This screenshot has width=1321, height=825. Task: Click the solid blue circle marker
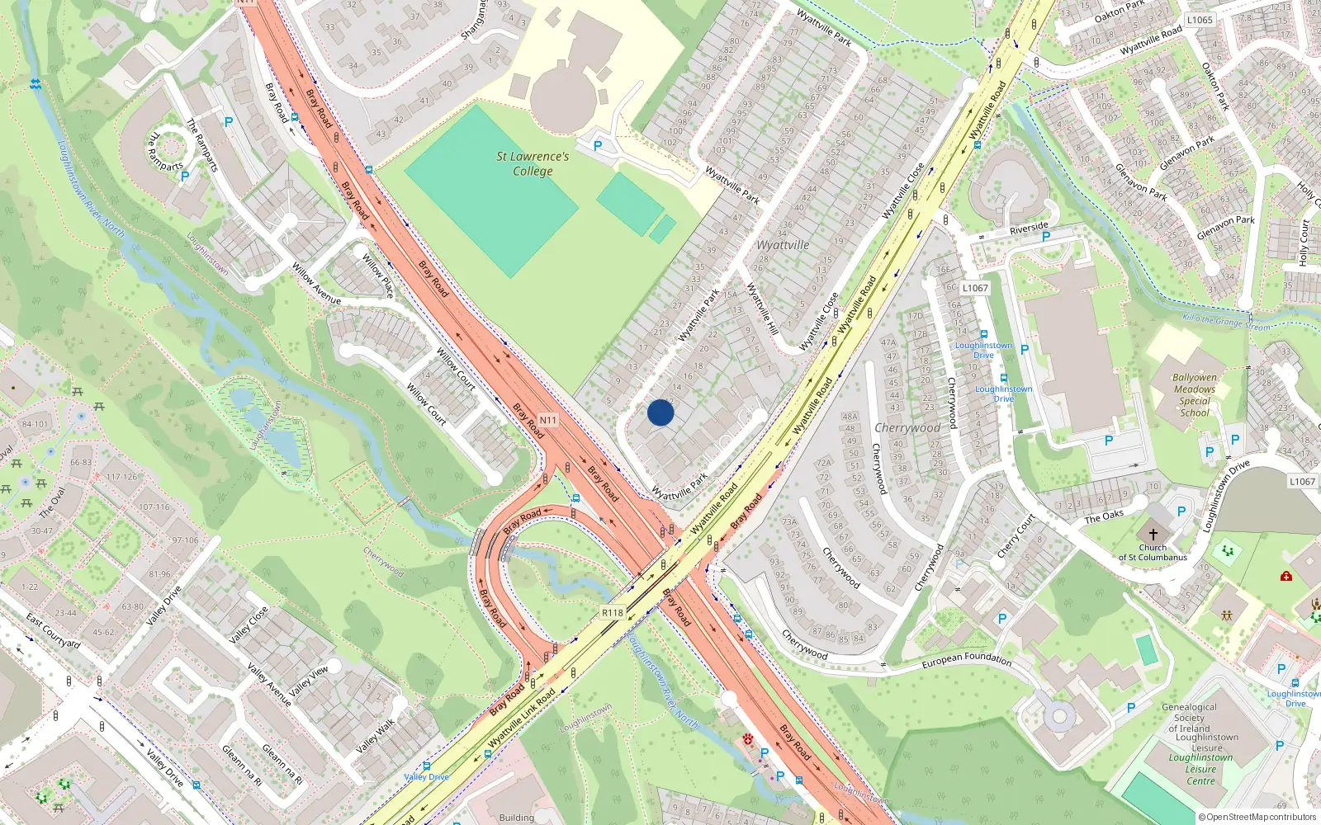pos(660,412)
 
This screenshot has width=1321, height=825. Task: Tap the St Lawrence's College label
pos(533,163)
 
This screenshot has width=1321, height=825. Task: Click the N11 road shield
pos(548,420)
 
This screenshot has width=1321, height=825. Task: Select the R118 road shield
pos(612,613)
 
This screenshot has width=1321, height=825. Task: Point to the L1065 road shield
pos(1200,20)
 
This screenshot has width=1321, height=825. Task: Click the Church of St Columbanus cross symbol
pos(1153,535)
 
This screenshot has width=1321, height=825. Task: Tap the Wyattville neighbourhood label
pos(783,245)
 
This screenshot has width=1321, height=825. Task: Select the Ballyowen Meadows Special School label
pos(1195,394)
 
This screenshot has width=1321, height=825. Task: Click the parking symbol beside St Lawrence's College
pos(598,145)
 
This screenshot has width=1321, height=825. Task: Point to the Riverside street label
pos(1029,227)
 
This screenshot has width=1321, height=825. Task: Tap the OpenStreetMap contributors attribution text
pos(1257,817)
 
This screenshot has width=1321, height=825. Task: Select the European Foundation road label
pos(966,660)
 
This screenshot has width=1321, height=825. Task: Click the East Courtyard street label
pos(53,630)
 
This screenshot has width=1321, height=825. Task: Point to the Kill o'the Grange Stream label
pos(1226,322)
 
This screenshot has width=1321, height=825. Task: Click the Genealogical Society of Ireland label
pos(1189,718)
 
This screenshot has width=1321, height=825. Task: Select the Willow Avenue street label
pos(316,283)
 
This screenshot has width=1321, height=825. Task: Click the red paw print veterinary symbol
pos(748,739)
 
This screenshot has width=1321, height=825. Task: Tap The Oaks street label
pos(1104,516)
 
